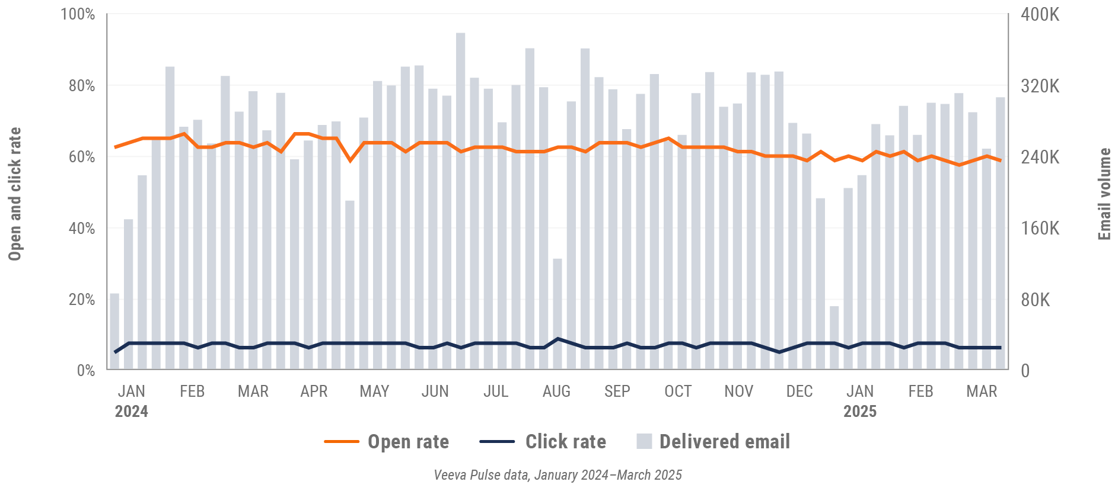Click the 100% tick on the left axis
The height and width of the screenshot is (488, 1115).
coord(78,14)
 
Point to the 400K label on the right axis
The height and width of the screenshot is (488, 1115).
coord(1040,14)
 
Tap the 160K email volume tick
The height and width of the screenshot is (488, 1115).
coord(1040,228)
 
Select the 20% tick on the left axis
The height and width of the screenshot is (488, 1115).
coord(81,299)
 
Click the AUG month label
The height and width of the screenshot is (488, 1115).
coord(556,391)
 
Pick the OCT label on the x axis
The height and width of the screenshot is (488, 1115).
coord(678,391)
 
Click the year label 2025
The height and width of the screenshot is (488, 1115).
coord(860,412)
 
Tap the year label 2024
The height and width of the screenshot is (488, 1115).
coord(131,412)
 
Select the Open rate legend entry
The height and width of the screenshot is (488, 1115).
coord(387,442)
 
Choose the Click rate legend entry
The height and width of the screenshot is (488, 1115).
coord(543,442)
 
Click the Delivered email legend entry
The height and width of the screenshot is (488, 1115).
coord(713,442)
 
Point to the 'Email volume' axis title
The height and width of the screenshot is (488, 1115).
coord(1104,194)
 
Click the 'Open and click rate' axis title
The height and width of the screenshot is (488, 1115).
coord(14,194)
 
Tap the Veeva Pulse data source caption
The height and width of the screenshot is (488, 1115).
coord(557,475)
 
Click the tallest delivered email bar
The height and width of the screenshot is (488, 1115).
coord(461,201)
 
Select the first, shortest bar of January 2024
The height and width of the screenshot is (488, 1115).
coord(114,332)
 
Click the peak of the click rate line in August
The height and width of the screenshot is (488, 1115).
coord(557,339)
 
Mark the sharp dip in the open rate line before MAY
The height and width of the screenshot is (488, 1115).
coord(350,160)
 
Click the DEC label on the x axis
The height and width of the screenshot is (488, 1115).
coord(799,391)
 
